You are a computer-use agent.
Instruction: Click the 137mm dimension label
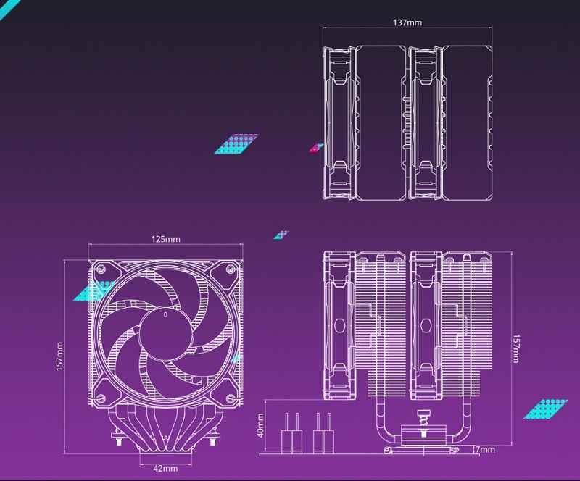pyautogui.click(x=407, y=22)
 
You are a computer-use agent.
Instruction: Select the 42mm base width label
pyautogui.click(x=165, y=468)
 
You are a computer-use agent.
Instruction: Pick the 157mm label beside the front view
pyautogui.click(x=60, y=356)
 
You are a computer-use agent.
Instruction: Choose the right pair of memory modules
pyautogui.click(x=323, y=432)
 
